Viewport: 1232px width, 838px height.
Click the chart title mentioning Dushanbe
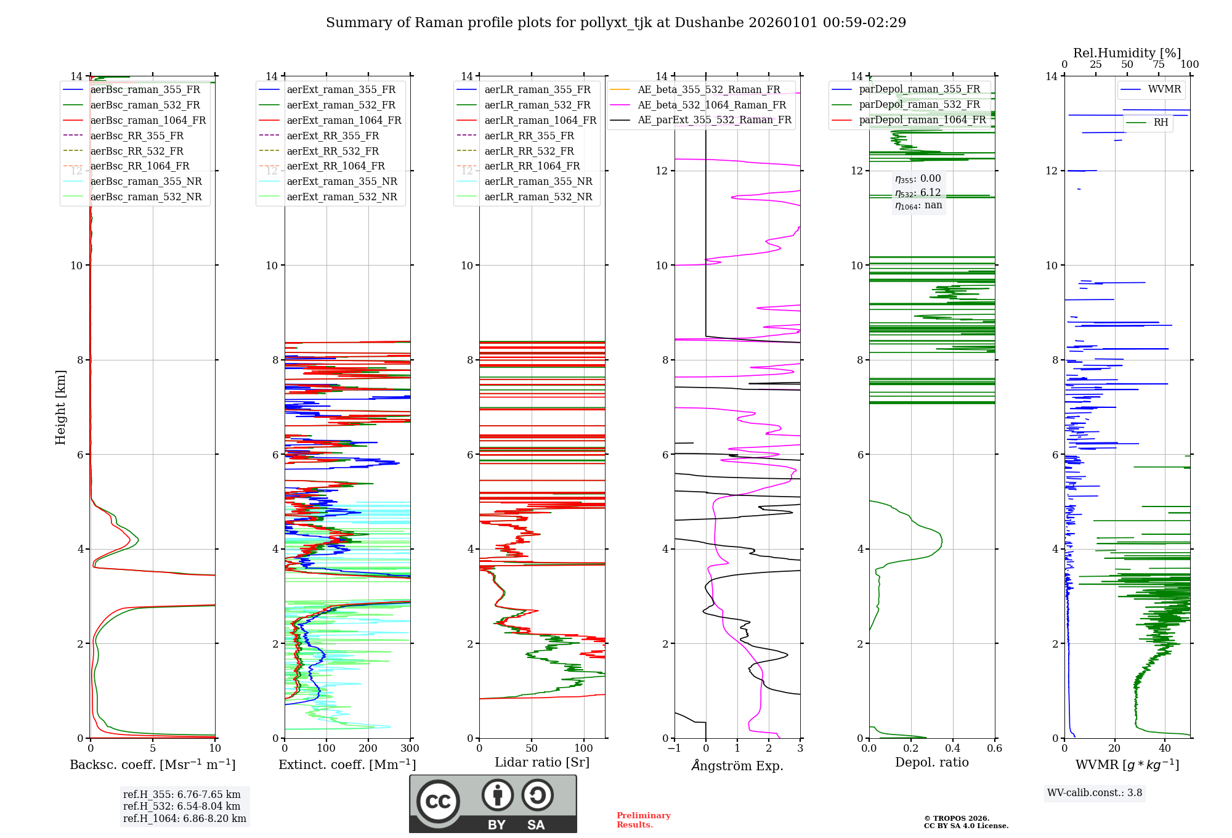click(x=616, y=23)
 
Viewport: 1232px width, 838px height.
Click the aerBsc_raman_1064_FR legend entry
click(x=148, y=121)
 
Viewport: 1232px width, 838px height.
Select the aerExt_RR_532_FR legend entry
click(x=333, y=151)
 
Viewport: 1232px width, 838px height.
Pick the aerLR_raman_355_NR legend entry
click(x=538, y=182)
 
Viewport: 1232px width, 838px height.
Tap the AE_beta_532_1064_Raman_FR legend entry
click(x=711, y=105)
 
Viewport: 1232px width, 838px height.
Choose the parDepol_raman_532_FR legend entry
click(x=919, y=105)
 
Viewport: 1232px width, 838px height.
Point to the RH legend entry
click(x=1161, y=123)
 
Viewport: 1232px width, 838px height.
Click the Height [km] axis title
click(x=60, y=407)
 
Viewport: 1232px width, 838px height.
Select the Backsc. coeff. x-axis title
click(x=153, y=765)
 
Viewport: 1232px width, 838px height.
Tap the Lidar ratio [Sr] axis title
click(x=542, y=762)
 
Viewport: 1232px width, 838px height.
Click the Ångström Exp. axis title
click(x=737, y=766)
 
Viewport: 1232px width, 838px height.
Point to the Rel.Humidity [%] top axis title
click(x=1127, y=53)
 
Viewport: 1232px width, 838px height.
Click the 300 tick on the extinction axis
click(x=410, y=749)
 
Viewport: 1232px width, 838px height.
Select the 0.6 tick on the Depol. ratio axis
click(x=994, y=749)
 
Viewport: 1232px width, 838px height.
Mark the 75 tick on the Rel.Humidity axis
click(x=1159, y=65)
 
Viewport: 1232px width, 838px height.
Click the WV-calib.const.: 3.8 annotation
click(x=1094, y=793)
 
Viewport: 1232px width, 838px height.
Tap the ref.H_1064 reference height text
click(x=184, y=819)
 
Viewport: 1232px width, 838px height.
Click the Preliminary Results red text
click(x=643, y=820)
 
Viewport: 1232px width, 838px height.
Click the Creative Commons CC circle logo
click(x=438, y=802)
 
